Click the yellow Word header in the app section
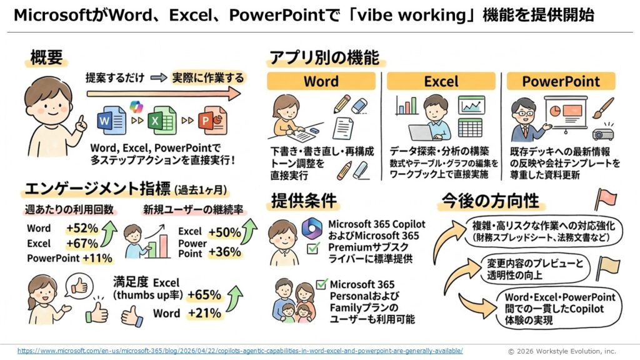tap(321, 81)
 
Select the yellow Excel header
tap(441, 81)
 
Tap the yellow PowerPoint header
tap(561, 81)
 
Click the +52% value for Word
tap(82, 228)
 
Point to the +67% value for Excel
tap(82, 244)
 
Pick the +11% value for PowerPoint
tap(97, 258)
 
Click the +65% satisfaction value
tap(204, 295)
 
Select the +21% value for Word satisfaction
tap(204, 313)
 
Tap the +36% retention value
tap(224, 252)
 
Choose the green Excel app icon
tap(162, 121)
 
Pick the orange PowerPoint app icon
tap(212, 121)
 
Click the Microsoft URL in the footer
tap(240, 351)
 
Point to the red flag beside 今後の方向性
tap(606, 199)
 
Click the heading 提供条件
tap(304, 201)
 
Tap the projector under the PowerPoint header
tap(603, 132)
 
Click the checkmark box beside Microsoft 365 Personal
tap(322, 284)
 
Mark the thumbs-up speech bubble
tap(79, 287)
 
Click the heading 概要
tap(46, 57)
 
